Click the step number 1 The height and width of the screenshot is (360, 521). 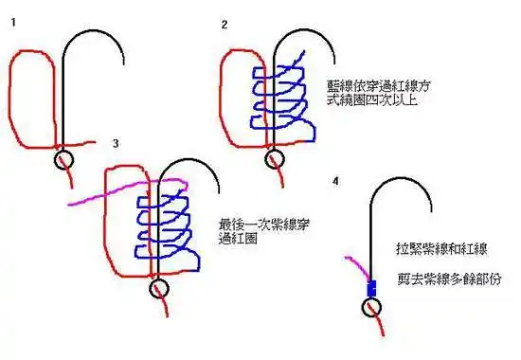point(10,20)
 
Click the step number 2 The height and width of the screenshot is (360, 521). point(225,24)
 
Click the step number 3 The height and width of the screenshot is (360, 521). point(115,143)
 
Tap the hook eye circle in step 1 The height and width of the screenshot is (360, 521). point(64,159)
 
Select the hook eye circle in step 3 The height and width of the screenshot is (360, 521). point(157,287)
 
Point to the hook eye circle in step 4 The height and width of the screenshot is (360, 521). point(370,306)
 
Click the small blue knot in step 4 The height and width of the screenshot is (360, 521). point(371,286)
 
